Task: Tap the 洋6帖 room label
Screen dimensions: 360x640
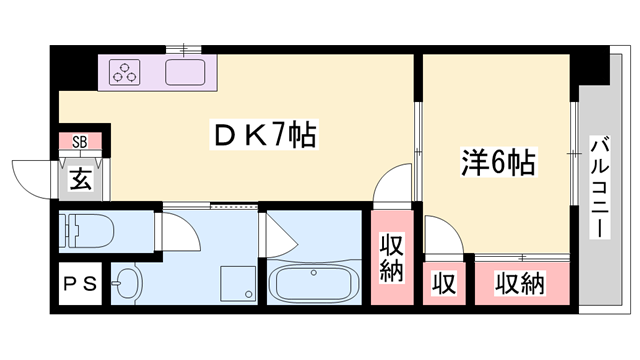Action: (x=497, y=160)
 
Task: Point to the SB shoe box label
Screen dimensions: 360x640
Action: (x=79, y=142)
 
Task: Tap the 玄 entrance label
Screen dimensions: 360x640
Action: (x=80, y=181)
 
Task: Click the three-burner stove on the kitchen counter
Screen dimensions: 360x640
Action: (x=128, y=72)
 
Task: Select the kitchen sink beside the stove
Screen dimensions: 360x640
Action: (x=186, y=72)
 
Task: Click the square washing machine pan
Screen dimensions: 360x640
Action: (x=232, y=281)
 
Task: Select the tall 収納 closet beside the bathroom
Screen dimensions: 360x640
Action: (x=392, y=258)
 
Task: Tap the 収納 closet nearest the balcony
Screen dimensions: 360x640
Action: (x=520, y=284)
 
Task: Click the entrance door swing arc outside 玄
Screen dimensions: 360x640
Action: (x=32, y=176)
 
